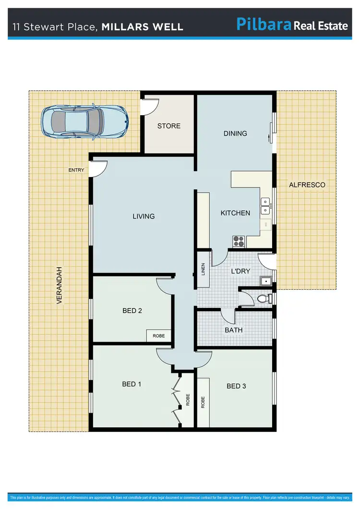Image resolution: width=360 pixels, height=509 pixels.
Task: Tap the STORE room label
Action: click(169, 126)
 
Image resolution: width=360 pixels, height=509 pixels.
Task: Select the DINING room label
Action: click(235, 133)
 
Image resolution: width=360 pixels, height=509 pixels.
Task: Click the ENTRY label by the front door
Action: click(76, 170)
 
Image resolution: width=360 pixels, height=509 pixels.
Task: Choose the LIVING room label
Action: click(144, 216)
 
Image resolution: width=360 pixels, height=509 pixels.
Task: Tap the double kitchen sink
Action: click(265, 205)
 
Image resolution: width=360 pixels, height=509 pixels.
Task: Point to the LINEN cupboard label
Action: click(203, 270)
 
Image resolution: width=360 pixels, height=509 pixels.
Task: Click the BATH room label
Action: click(234, 330)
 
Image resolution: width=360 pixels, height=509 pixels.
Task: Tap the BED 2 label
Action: click(132, 310)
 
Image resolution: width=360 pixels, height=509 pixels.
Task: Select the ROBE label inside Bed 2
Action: click(158, 336)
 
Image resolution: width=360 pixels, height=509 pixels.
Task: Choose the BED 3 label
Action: click(236, 386)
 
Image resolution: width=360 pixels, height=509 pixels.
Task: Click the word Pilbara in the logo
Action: click(264, 24)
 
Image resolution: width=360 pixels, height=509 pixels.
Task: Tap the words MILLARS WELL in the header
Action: click(143, 27)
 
